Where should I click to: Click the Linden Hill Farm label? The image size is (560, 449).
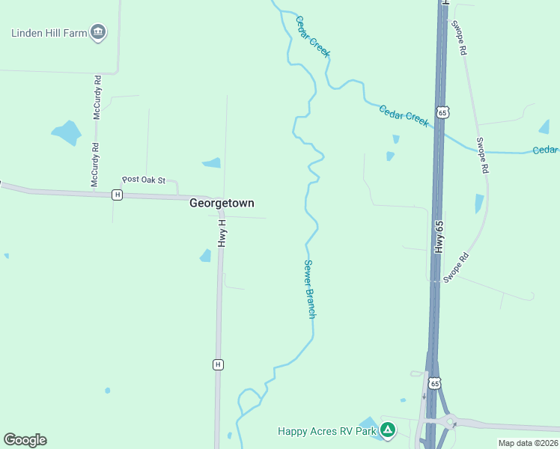click(49, 32)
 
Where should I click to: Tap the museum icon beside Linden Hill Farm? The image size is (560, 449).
click(98, 32)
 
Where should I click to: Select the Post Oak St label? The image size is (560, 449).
click(143, 180)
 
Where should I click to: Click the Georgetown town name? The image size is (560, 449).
click(222, 203)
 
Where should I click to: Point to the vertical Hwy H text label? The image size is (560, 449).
click(222, 233)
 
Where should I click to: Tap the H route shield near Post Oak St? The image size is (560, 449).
click(117, 195)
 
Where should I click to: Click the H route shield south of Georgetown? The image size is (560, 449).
click(218, 364)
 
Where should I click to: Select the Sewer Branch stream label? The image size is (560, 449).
click(310, 289)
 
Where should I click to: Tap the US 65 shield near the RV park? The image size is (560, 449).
click(434, 383)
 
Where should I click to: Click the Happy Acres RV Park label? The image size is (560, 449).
click(327, 430)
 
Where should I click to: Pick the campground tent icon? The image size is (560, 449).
click(387, 430)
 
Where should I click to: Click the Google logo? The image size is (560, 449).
click(25, 440)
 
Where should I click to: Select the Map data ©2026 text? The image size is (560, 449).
click(529, 443)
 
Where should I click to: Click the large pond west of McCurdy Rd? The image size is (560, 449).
click(67, 132)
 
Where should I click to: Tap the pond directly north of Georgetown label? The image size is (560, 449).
click(213, 162)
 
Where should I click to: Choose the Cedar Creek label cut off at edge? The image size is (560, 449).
click(545, 150)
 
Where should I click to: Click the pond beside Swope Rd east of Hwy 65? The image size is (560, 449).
click(479, 204)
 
